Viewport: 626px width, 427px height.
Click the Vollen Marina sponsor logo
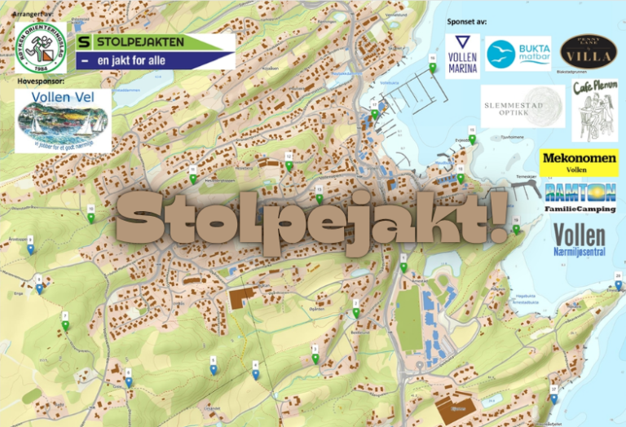pos(462,55)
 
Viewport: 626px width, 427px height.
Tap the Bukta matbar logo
pos(518,55)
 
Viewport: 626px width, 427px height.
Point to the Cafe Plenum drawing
pos(594,110)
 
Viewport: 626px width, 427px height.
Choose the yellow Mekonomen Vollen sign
pos(578,163)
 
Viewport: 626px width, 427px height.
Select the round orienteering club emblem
pos(40,47)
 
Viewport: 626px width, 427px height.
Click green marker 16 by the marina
pos(432,68)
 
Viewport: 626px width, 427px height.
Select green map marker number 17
pos(374,114)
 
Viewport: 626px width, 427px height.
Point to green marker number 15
pos(472,139)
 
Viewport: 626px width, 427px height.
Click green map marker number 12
pos(289,165)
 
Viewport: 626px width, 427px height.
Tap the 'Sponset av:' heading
pos(467,22)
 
